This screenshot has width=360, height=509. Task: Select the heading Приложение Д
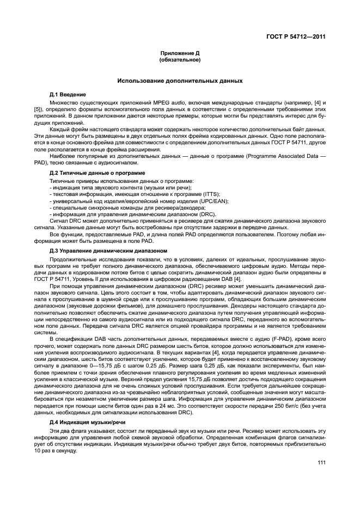(x=180, y=53)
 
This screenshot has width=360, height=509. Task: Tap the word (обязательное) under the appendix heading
(x=180, y=59)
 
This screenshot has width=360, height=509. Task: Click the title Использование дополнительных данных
(x=180, y=81)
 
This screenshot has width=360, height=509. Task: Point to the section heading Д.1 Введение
(x=68, y=95)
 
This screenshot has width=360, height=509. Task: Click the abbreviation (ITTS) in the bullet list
(x=178, y=193)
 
